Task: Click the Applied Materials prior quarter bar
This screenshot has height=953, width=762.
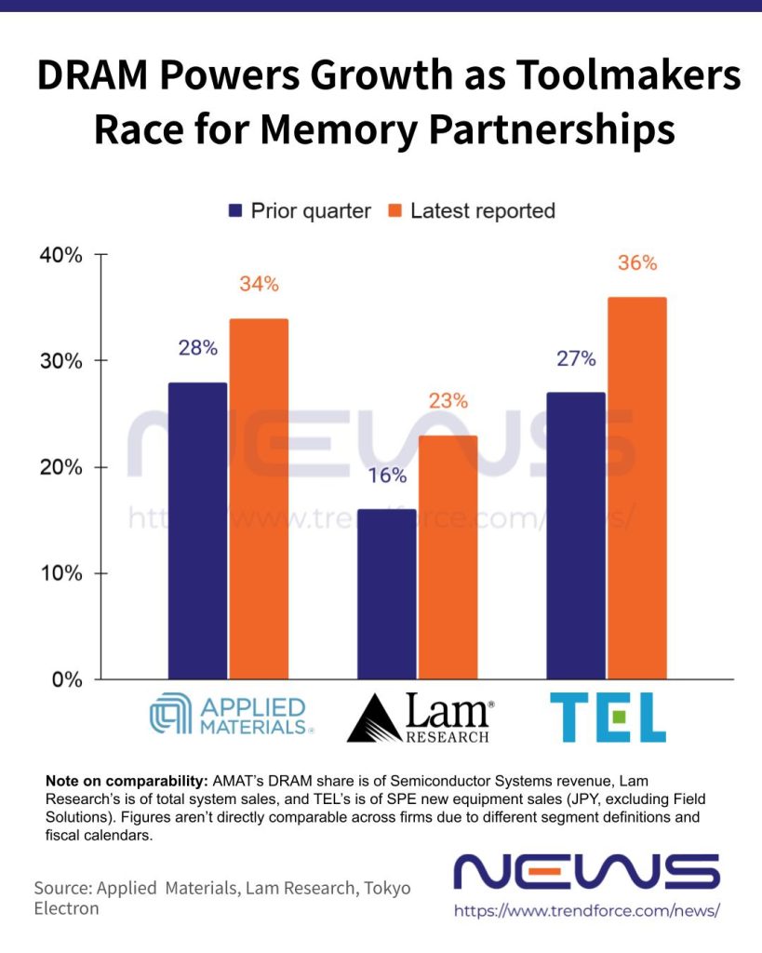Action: (197, 530)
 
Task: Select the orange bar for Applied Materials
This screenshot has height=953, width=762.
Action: (259, 499)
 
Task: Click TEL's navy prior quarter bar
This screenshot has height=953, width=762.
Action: (576, 535)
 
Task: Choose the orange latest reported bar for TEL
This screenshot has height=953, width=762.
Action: (637, 488)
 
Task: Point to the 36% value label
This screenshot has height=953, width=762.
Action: (637, 263)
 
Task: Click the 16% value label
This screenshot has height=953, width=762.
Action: (387, 476)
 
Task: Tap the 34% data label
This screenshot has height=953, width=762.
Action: (259, 284)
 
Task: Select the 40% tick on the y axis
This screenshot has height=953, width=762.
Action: (61, 254)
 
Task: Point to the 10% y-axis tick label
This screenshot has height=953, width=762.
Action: (61, 573)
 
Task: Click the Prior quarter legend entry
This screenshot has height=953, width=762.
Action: (299, 210)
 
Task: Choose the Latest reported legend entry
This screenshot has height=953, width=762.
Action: (471, 210)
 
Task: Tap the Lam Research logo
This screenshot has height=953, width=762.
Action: (420, 719)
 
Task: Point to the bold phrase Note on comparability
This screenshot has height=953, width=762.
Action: (127, 782)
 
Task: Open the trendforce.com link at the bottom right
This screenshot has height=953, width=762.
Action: (587, 911)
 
